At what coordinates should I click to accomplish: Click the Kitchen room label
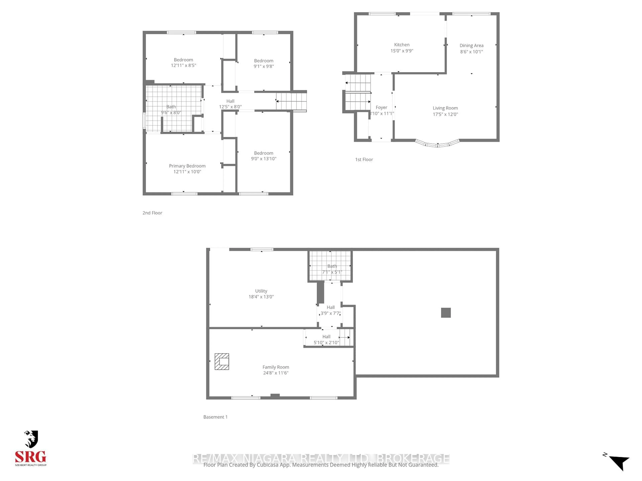pos(402,45)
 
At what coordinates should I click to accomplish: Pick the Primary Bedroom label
pos(187,166)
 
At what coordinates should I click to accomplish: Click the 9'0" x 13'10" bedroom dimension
pos(263,159)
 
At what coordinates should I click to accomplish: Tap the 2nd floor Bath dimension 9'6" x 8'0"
pos(171,113)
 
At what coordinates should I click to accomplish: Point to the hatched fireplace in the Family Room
pos(222,362)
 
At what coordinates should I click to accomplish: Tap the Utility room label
pos(261,291)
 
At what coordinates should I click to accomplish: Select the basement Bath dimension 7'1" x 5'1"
pos(332,272)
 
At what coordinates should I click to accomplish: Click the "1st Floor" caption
pos(364,159)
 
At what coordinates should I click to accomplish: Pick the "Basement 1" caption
pos(215,417)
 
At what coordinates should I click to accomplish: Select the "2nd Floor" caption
pos(152,213)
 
